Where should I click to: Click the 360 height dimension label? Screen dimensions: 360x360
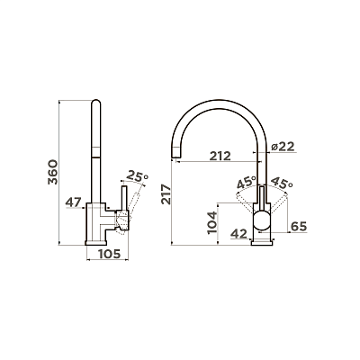52,172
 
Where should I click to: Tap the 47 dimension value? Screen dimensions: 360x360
74,202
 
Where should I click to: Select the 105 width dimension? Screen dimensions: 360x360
110,254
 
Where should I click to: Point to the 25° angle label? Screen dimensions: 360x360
138,175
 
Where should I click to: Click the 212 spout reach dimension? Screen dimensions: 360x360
220,156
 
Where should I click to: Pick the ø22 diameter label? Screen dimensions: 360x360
283,147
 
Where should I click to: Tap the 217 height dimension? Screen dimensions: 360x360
166,194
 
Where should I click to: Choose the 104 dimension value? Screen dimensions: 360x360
212,222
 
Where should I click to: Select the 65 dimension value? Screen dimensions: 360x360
299,227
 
